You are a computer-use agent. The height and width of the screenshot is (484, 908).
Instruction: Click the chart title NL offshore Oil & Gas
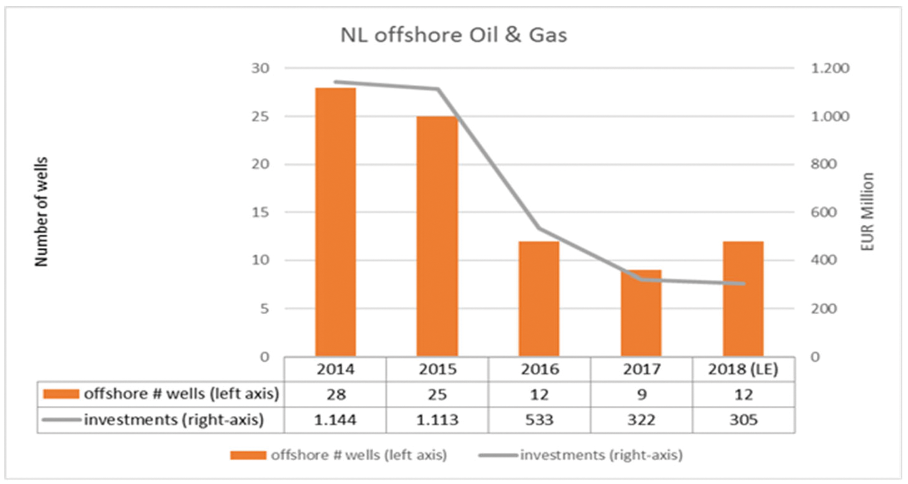pyautogui.click(x=454, y=35)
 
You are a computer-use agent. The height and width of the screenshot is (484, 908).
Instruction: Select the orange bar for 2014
pyautogui.click(x=336, y=222)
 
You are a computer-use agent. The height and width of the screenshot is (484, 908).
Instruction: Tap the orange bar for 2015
pyautogui.click(x=437, y=236)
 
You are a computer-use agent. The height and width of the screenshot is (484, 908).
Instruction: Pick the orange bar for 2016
pyautogui.click(x=539, y=299)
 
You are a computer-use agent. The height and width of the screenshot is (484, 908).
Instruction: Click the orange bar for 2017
pyautogui.click(x=641, y=313)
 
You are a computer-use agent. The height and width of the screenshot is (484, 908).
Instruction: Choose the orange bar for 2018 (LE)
pyautogui.click(x=743, y=299)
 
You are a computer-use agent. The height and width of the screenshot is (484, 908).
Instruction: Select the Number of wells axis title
pyautogui.click(x=42, y=212)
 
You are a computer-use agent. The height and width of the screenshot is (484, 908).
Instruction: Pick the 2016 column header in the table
pyautogui.click(x=539, y=369)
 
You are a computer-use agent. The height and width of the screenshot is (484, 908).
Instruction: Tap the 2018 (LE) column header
pyautogui.click(x=743, y=369)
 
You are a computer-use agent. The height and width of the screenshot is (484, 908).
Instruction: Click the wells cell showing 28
pyautogui.click(x=336, y=394)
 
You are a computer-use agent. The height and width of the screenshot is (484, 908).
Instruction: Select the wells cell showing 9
pyautogui.click(x=641, y=394)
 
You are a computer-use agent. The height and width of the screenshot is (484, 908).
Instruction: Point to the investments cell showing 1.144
pyautogui.click(x=336, y=420)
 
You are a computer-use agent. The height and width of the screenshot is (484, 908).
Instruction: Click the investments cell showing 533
pyautogui.click(x=539, y=420)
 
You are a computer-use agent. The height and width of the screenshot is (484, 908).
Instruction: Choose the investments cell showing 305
pyautogui.click(x=743, y=420)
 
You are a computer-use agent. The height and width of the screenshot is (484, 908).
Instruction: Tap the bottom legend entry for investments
pyautogui.click(x=600, y=455)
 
